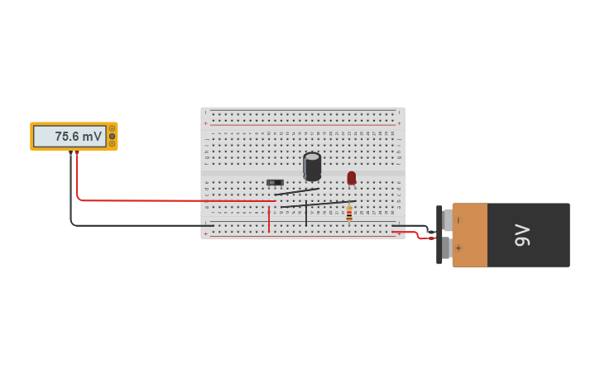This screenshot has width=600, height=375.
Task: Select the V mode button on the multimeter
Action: pos(112,136)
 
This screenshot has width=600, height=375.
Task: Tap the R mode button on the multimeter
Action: pos(112,143)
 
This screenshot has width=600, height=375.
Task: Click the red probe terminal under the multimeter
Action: pos(77,153)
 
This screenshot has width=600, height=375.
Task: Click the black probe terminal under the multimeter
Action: pos(70,153)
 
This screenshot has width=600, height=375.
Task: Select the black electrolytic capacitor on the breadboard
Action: pos(312,166)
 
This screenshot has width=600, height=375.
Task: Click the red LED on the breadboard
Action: pos(352,177)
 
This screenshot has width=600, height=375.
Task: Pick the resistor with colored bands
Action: pos(349,214)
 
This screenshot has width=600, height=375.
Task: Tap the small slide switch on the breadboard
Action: pos(275,182)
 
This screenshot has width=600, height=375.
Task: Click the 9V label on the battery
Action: pos(521,235)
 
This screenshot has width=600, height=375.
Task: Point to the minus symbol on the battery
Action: pos(458,220)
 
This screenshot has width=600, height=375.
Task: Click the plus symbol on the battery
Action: pos(458,248)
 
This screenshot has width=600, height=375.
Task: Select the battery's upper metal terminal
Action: pos(447,220)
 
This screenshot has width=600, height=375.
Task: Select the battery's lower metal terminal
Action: pos(447,248)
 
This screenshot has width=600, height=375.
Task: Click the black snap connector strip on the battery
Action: pos(439,234)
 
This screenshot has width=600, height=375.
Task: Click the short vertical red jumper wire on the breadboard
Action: pos(269,219)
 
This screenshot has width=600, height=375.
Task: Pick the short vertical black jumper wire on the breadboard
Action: pos(306,214)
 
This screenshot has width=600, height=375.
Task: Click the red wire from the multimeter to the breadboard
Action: pos(166,200)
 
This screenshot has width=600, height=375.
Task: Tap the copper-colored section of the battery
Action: pos(470,234)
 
